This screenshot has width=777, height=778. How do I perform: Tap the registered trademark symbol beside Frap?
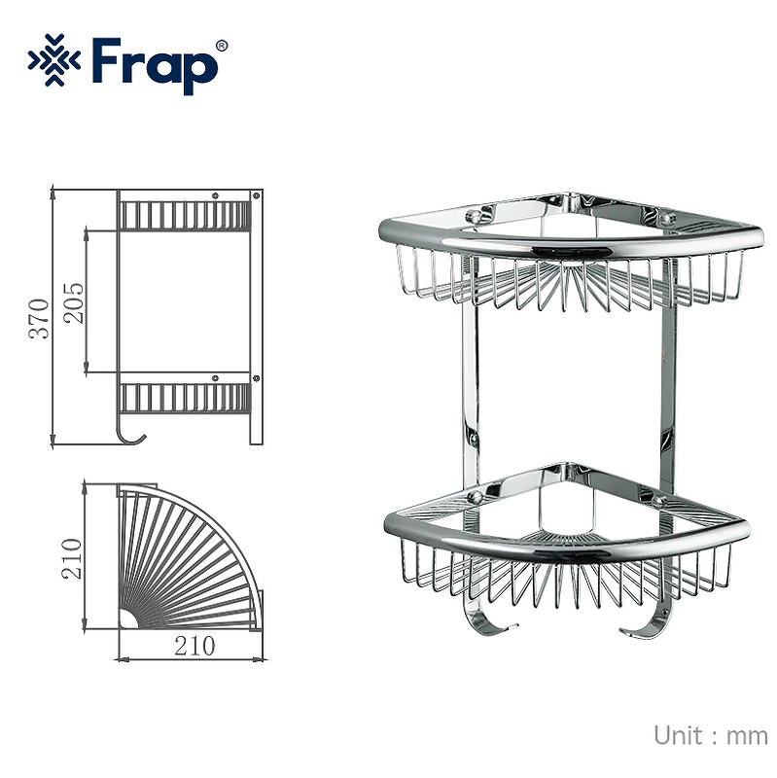point(221,46)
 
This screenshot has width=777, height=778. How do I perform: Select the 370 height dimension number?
point(39,317)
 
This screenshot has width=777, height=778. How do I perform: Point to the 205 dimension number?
point(74,301)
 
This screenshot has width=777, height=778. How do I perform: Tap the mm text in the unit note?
point(747,736)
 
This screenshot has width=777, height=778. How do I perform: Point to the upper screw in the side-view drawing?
point(257,196)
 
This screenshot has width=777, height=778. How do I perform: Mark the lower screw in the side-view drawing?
point(257,378)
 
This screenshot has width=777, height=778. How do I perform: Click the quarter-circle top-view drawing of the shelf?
point(185,559)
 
